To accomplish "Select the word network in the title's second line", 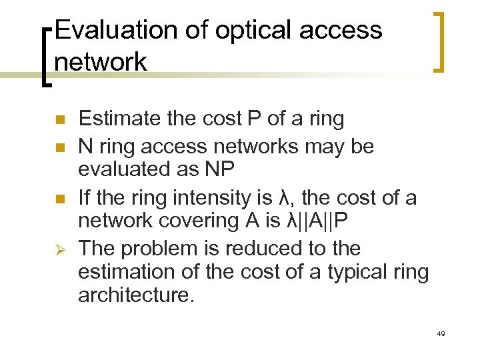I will [x=101, y=62].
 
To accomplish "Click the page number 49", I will [x=440, y=333].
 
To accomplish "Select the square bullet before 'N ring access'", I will [x=59, y=147].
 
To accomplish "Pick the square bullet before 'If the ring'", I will [x=59, y=198].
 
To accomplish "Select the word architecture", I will [x=135, y=295].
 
